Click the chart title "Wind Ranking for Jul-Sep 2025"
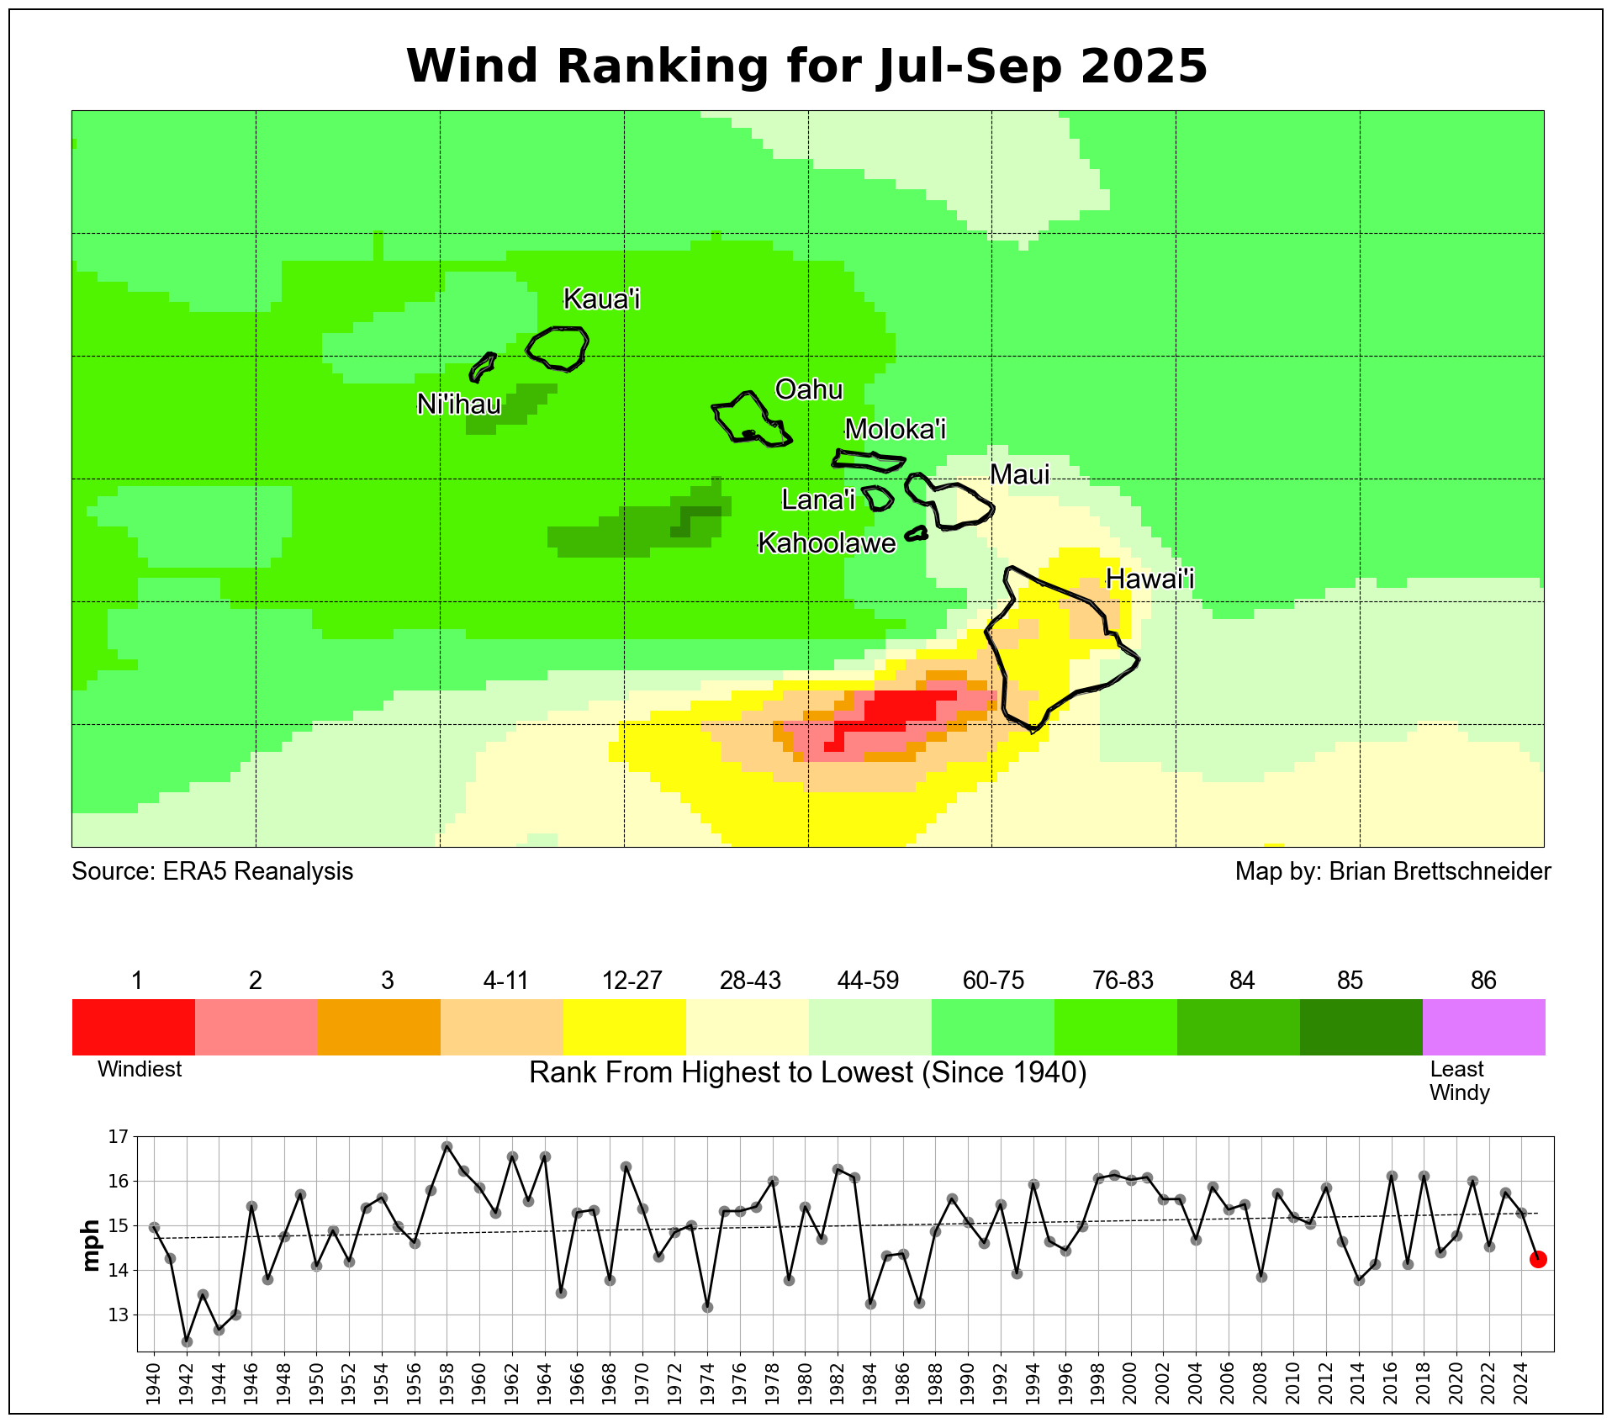(806, 66)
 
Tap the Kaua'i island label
(601, 299)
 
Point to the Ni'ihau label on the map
(459, 405)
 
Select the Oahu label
(808, 389)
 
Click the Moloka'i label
(895, 429)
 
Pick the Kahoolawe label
(827, 543)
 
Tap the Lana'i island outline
(879, 498)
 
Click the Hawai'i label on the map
(1149, 579)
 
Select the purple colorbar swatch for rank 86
(1483, 1027)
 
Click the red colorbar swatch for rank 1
(134, 1027)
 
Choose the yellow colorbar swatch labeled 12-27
(624, 1027)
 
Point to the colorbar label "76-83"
(1123, 981)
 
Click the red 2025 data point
(1538, 1259)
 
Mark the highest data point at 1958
(447, 1146)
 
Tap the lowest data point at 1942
(187, 1341)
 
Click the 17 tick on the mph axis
(119, 1137)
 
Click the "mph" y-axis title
(91, 1244)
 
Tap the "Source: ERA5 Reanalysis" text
(212, 871)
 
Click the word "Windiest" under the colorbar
(140, 1070)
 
